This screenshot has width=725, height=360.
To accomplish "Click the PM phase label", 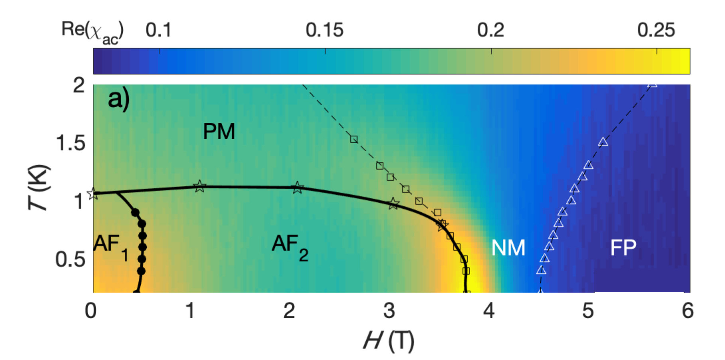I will pyautogui.click(x=219, y=131).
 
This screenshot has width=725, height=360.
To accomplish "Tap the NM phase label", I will pyautogui.click(x=508, y=248).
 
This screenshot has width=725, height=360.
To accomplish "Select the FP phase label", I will pyautogui.click(x=623, y=248).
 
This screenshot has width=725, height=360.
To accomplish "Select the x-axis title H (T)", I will pyautogui.click(x=389, y=341).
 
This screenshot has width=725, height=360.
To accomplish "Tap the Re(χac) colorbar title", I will pyautogui.click(x=92, y=31).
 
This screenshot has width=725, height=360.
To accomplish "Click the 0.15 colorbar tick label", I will pyautogui.click(x=324, y=30).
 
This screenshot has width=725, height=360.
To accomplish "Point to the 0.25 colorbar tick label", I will pyautogui.click(x=656, y=30).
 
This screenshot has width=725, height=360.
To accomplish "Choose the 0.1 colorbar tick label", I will pyautogui.click(x=158, y=30).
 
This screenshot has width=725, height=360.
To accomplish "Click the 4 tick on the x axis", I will pyautogui.click(x=489, y=311).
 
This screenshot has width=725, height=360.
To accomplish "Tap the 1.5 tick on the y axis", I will pyautogui.click(x=71, y=143).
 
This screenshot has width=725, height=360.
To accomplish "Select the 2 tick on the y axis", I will pyautogui.click(x=79, y=85).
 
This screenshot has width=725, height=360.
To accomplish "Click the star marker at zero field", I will pyautogui.click(x=93, y=194).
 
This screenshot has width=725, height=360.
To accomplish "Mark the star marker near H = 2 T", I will pyautogui.click(x=297, y=187).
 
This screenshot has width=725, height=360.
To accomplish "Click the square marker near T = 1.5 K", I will pyautogui.click(x=354, y=139).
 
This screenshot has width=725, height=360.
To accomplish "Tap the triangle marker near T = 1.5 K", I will pyautogui.click(x=603, y=142).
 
